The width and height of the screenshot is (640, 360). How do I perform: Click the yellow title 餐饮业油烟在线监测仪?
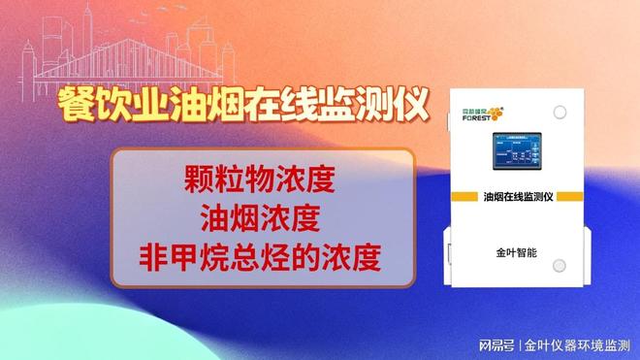pos(242,104)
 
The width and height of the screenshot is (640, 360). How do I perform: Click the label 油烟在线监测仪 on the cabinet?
pos(517,196)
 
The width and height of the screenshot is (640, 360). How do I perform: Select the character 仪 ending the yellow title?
pos(412,104)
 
